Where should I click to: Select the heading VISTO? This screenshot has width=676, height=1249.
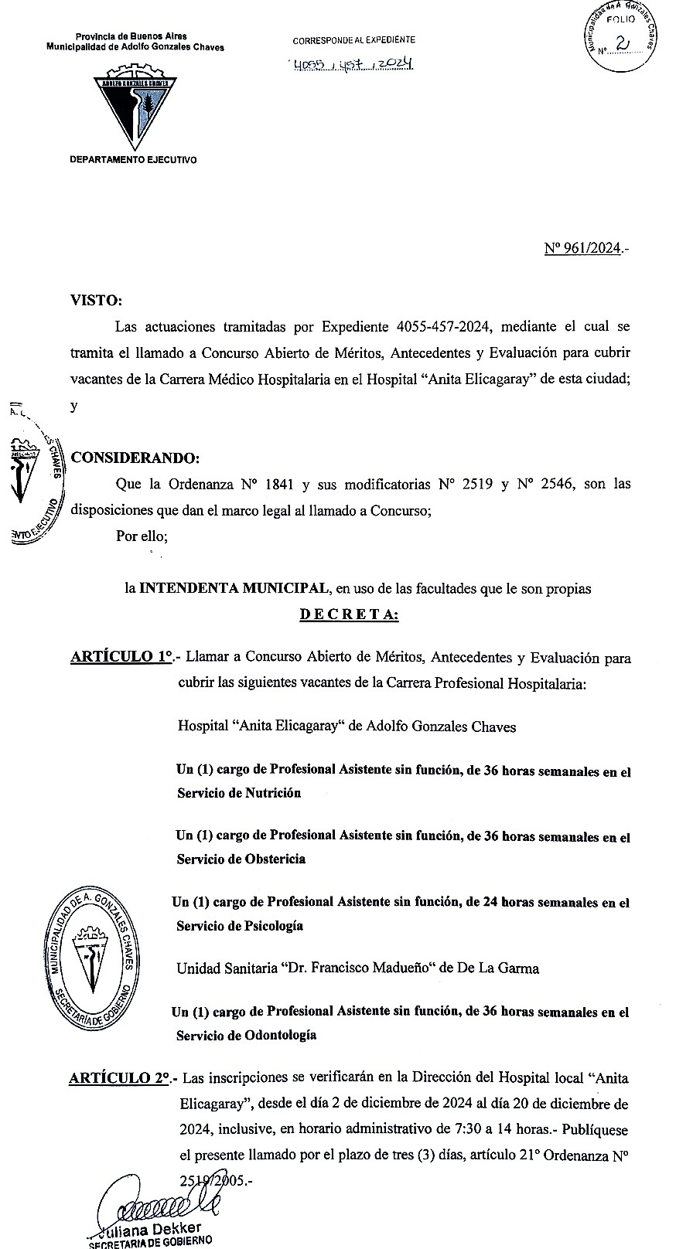pyautogui.click(x=96, y=300)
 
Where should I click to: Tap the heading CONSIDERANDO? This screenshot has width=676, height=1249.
pyautogui.click(x=135, y=457)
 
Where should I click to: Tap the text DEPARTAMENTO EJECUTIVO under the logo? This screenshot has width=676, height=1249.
pyautogui.click(x=134, y=160)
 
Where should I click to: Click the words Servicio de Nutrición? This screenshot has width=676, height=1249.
pyautogui.click(x=239, y=793)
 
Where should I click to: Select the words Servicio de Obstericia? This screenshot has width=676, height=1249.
pyautogui.click(x=241, y=859)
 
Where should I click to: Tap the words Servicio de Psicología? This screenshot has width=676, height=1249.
pyautogui.click(x=240, y=926)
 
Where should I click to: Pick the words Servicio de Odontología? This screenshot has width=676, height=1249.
pyautogui.click(x=246, y=1035)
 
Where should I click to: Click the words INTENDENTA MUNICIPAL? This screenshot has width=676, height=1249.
pyautogui.click(x=233, y=588)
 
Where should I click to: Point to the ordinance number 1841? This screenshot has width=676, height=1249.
pyautogui.click(x=278, y=485)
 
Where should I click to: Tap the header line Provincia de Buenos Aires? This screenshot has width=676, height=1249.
pyautogui.click(x=131, y=36)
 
